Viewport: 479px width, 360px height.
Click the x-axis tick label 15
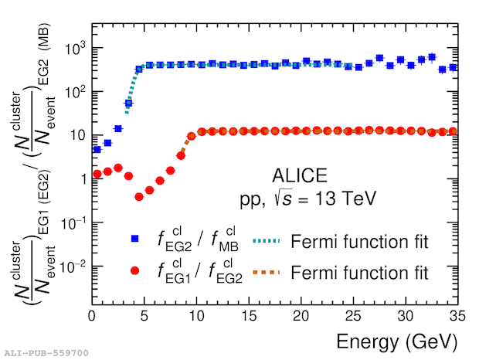[x=249, y=317]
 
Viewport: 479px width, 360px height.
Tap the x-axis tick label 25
[x=353, y=317]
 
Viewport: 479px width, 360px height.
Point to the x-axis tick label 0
[x=92, y=317]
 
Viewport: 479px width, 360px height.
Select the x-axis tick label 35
[x=457, y=317]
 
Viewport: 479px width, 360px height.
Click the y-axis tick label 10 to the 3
[x=76, y=48]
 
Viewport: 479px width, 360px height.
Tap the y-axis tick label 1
[x=84, y=179]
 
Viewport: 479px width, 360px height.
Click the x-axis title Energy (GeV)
[x=397, y=342]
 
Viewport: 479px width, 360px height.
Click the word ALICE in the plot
[x=300, y=175]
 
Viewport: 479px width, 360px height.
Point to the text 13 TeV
[x=345, y=199]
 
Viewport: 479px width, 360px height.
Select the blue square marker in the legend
[x=134, y=239]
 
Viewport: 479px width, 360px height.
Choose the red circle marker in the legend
[x=134, y=270]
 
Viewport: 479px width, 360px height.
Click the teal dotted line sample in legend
[x=267, y=241]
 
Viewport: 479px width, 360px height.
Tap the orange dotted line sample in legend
[x=267, y=272]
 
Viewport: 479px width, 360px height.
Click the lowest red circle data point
[x=139, y=197]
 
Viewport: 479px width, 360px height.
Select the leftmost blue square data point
[x=97, y=150]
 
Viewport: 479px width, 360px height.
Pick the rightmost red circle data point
[x=453, y=131]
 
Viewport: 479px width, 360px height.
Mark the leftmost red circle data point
[x=97, y=174]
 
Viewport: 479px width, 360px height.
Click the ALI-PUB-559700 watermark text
[x=46, y=353]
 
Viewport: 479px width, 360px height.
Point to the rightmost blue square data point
[x=453, y=67]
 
